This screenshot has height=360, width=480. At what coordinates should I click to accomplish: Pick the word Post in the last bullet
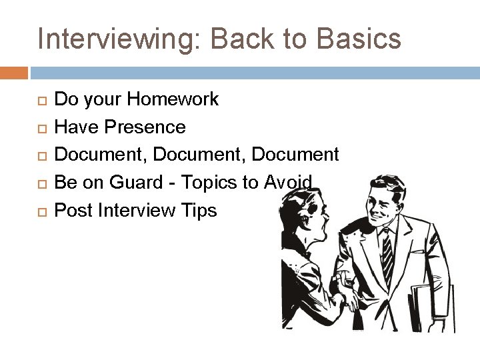[x=73, y=210]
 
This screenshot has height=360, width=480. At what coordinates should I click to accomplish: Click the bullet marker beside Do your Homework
[x=43, y=101]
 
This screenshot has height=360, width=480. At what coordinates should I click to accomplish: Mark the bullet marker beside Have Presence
[x=43, y=128]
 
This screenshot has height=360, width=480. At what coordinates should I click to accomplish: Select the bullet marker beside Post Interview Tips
[x=43, y=211]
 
